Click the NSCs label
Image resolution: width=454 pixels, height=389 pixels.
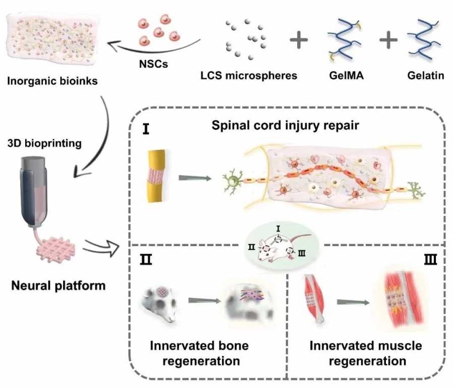pos(153,64)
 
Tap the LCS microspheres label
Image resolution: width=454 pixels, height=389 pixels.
pos(249,76)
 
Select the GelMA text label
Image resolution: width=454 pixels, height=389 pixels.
pos(346,76)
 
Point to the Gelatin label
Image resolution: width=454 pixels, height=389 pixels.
pos(426,76)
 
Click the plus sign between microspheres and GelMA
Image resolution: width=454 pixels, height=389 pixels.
pos(299,40)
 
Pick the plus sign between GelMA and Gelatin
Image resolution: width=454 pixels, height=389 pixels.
pos(388,40)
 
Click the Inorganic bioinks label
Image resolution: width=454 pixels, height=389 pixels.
pos(52,81)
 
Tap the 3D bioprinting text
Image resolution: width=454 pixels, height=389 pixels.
pos(44,143)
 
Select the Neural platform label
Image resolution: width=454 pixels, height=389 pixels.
pos(58,286)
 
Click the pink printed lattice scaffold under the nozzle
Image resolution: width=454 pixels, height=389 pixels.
pos(56,249)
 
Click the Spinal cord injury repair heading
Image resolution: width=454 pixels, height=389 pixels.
pos(285,126)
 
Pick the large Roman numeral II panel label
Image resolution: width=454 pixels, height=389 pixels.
pos(146,259)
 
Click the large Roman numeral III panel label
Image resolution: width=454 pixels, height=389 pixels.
pos(431,259)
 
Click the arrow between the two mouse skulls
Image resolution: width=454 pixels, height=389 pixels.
pos(204,301)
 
